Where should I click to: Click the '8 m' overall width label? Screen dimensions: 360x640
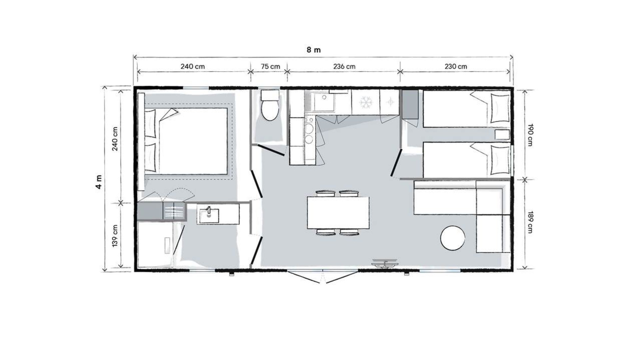[x=314, y=50]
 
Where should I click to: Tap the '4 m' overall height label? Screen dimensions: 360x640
[x=99, y=182]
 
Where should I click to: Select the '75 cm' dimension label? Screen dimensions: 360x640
[x=270, y=66]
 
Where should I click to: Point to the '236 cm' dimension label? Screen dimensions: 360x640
[x=344, y=66]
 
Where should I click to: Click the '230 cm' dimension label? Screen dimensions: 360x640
[x=456, y=66]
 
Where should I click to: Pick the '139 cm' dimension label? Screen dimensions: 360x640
[x=115, y=236]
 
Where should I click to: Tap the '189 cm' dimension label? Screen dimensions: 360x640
[x=530, y=222]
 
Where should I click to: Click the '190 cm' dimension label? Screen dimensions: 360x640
[x=530, y=135]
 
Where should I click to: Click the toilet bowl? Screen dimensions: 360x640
[x=270, y=110]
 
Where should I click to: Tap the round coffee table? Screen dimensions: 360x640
[x=453, y=238]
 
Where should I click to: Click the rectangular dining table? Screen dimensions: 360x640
[x=338, y=213]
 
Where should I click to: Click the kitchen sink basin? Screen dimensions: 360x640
[x=324, y=102]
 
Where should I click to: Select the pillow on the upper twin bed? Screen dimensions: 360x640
[x=500, y=108]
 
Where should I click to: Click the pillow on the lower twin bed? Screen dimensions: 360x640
[x=500, y=160]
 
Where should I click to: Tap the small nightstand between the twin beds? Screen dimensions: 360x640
[x=502, y=135]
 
